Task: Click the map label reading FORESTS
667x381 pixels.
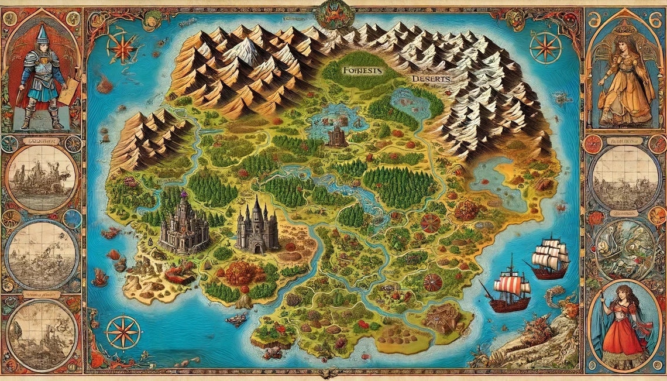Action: (360, 70)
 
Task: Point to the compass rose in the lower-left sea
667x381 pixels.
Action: (123, 332)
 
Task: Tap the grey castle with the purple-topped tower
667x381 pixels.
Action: (184, 225)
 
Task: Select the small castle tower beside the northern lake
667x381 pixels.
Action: (336, 135)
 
